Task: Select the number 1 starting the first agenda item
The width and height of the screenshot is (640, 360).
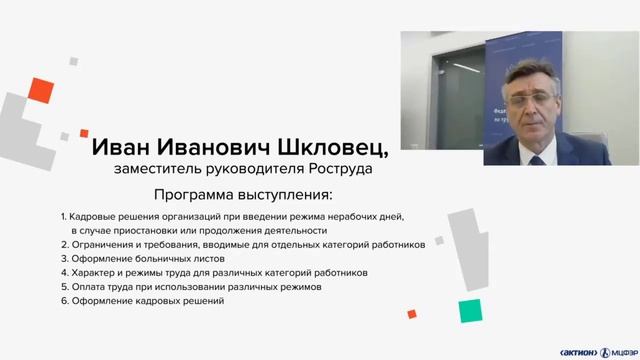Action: click(x=62, y=216)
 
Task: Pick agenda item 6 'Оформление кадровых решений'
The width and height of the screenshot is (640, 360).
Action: click(x=141, y=300)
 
